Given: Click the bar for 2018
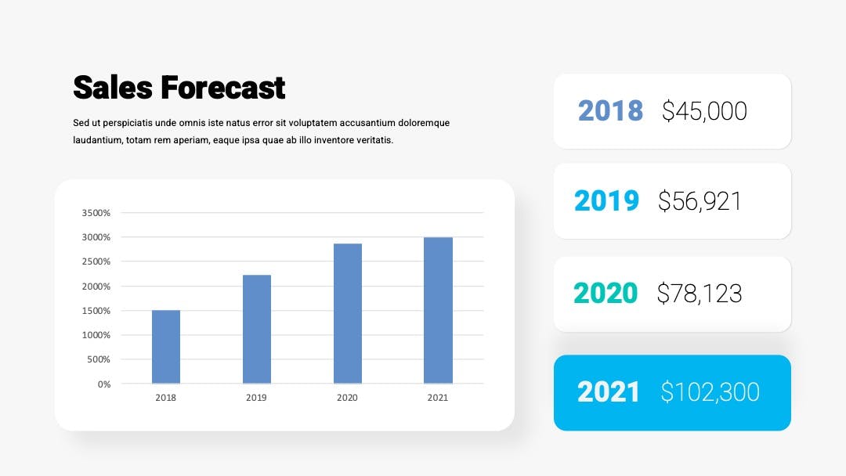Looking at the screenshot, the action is pyautogui.click(x=165, y=347).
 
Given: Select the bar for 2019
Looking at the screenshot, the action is pyautogui.click(x=257, y=330).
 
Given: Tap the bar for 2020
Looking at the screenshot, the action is pyautogui.click(x=348, y=314).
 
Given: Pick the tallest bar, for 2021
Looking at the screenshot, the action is pyautogui.click(x=438, y=311).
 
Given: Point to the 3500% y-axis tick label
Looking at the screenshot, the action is pyautogui.click(x=96, y=213).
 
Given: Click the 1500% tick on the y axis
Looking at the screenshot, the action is pyautogui.click(x=96, y=311).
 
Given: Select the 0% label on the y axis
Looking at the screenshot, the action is pyautogui.click(x=104, y=384).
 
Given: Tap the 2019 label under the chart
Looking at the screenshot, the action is pyautogui.click(x=256, y=398).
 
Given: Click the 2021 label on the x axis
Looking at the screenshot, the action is pyautogui.click(x=438, y=398).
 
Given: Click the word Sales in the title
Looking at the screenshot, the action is pyautogui.click(x=113, y=88).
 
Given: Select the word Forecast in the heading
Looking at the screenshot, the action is pyautogui.click(x=222, y=88).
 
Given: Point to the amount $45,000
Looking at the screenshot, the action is pyautogui.click(x=705, y=111).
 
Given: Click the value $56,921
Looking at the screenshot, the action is pyautogui.click(x=700, y=201).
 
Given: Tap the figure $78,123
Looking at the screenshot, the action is pyautogui.click(x=700, y=294).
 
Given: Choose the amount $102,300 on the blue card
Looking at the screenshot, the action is pyautogui.click(x=710, y=392).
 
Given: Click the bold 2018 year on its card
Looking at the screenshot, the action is pyautogui.click(x=610, y=111).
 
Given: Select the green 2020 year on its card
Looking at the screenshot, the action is pyautogui.click(x=606, y=294).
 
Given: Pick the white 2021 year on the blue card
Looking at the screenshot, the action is pyautogui.click(x=608, y=392).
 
